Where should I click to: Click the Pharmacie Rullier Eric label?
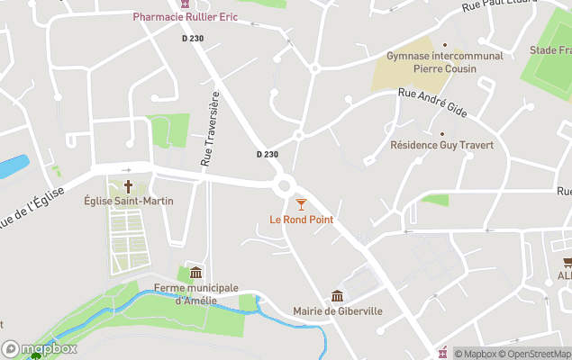(x=186, y=17)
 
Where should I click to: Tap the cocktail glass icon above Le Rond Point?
(x=301, y=205)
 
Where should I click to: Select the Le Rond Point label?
(x=301, y=220)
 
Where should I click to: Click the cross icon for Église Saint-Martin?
(x=128, y=186)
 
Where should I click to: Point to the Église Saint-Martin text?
(x=128, y=201)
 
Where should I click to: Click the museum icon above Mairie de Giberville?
(x=338, y=296)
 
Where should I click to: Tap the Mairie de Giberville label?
(x=338, y=311)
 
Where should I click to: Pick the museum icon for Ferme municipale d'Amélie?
(x=195, y=273)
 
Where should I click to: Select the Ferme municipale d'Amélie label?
(x=195, y=293)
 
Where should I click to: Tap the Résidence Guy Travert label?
(x=441, y=145)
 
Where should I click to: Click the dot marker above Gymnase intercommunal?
(x=444, y=43)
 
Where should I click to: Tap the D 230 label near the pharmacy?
(x=192, y=38)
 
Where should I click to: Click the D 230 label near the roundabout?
(x=267, y=155)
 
